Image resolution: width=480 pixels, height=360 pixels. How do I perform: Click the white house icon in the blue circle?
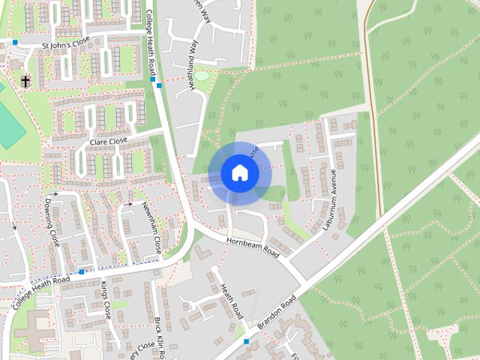239,173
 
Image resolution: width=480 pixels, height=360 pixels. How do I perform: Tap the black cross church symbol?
25,81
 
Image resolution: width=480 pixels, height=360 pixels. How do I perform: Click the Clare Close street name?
109,141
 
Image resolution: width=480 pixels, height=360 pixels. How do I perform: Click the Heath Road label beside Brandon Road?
229,298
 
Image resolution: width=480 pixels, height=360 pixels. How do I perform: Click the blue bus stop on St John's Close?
15,43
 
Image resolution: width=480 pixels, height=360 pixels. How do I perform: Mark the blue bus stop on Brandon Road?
246,342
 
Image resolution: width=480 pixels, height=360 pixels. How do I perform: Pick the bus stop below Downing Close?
82,271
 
